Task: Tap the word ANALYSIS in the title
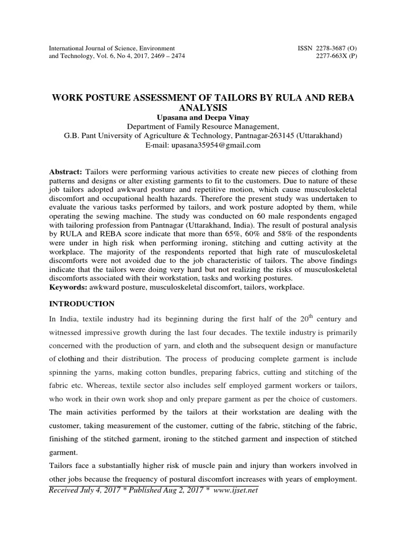point(203,108)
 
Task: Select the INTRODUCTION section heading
point(81,304)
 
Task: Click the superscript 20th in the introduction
point(304,319)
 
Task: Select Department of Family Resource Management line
point(203,127)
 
